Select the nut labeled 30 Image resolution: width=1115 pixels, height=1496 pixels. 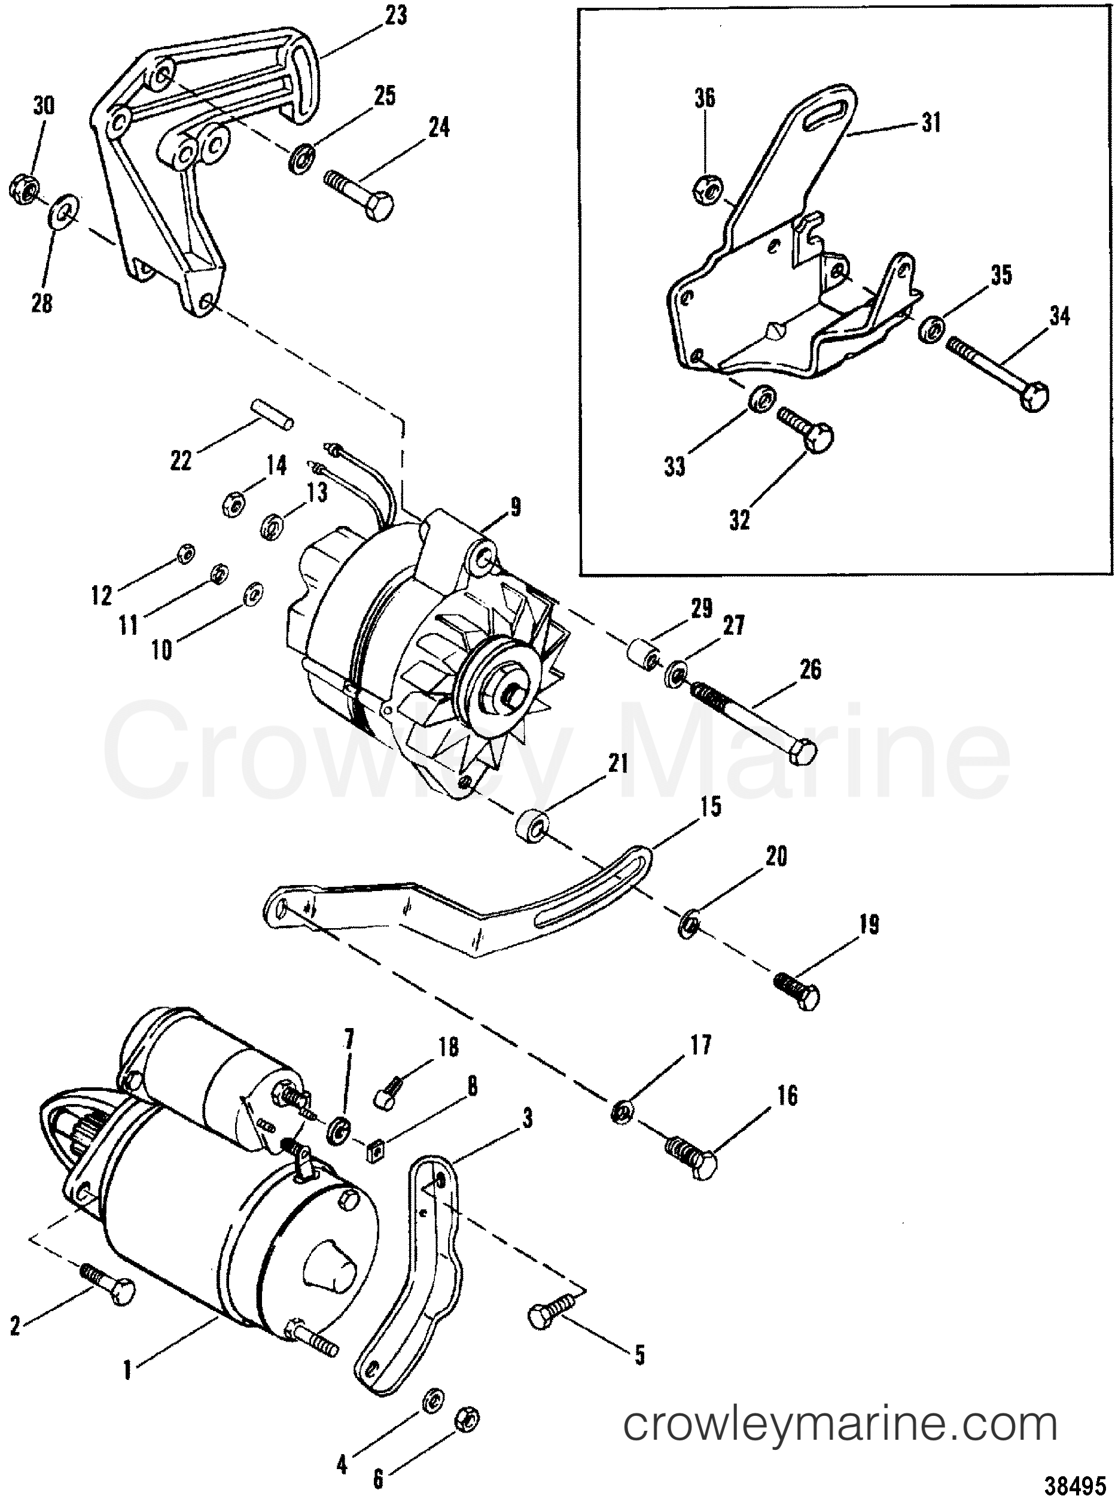click(x=25, y=190)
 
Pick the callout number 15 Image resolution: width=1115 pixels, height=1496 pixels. click(x=711, y=806)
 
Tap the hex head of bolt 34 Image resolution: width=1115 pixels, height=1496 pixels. click(x=1036, y=396)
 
